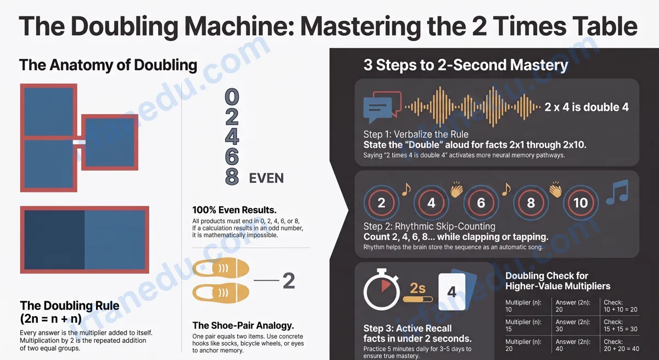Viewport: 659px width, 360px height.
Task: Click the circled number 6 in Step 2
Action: coord(481,203)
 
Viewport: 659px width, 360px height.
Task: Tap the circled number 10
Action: coord(580,203)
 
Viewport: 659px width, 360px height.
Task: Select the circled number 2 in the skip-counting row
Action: coord(381,203)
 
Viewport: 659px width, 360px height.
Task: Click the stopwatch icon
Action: coord(382,289)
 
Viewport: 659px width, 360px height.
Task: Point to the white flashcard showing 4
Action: coord(452,291)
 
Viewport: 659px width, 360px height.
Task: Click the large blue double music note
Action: coord(617,193)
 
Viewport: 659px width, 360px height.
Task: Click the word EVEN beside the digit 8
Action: coord(266,178)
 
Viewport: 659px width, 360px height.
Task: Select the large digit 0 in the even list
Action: coord(232,97)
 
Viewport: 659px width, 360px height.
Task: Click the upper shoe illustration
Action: coord(221,268)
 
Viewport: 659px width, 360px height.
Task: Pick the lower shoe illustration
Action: coord(221,292)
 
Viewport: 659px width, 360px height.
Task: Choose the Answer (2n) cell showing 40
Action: coord(572,345)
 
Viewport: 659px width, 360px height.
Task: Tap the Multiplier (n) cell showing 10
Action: coord(523,306)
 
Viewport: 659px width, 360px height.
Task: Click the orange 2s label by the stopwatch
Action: coord(418,288)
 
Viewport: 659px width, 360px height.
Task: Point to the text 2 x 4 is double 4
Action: coord(587,107)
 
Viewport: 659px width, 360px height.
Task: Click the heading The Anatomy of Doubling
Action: coord(108,65)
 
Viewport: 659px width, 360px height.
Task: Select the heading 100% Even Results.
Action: coord(234,210)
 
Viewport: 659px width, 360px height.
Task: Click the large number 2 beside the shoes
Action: coord(289,280)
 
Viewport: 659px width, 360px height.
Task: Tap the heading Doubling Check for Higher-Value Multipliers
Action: coord(558,280)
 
